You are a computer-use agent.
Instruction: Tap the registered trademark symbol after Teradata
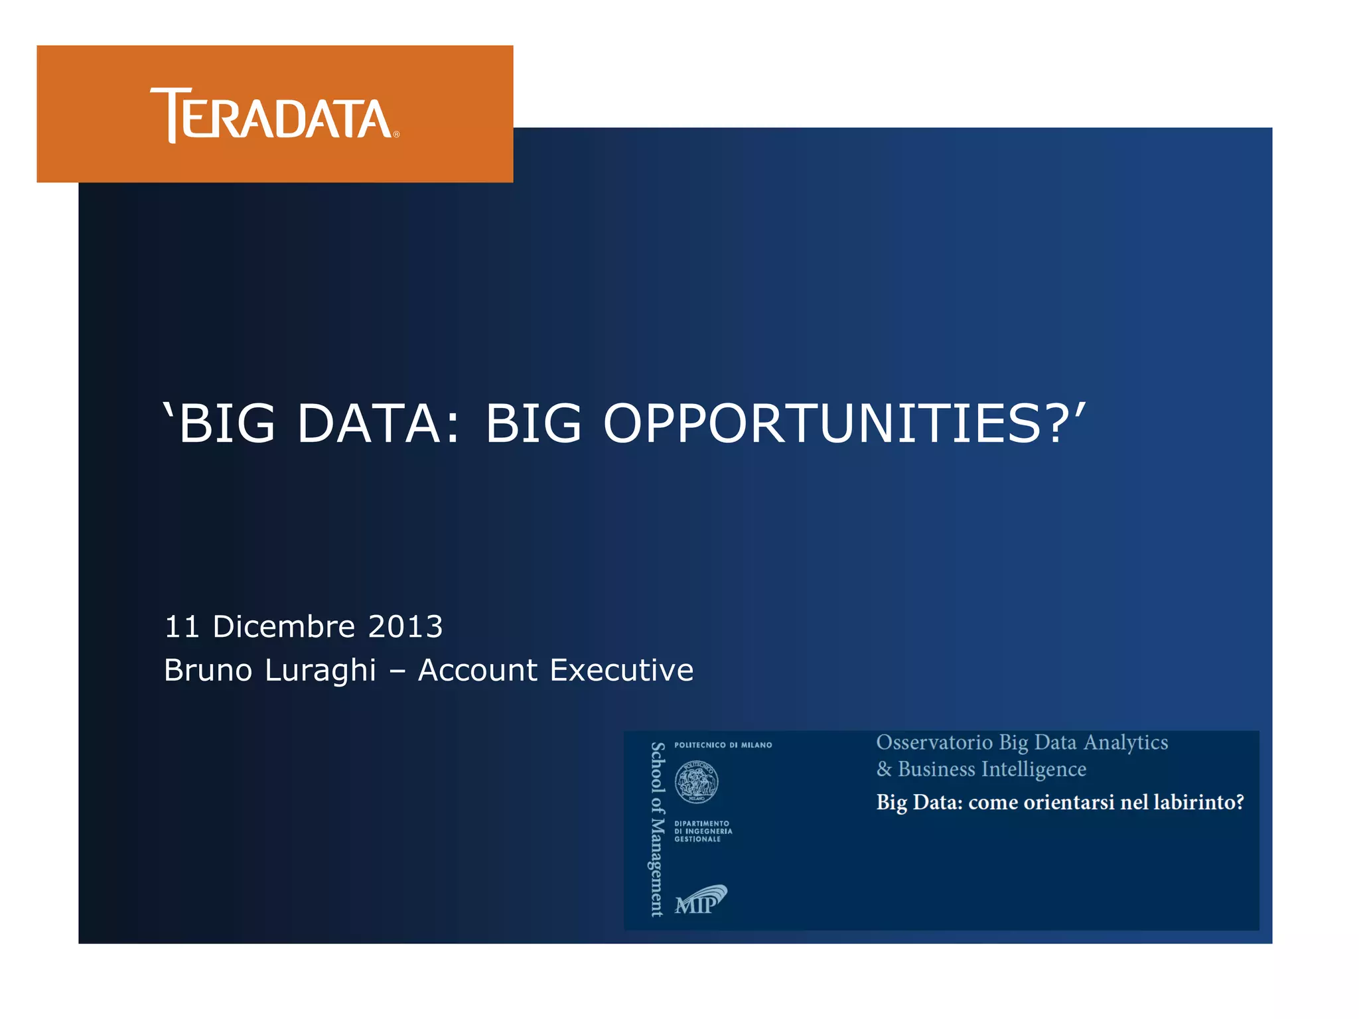396,134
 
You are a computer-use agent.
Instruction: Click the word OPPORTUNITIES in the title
822,424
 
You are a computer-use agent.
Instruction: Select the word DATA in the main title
369,424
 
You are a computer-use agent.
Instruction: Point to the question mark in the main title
1058,424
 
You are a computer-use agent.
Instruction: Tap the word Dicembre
284,627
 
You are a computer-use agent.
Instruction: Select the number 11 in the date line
182,627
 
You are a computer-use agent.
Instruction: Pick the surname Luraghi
320,671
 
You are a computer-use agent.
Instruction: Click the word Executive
621,670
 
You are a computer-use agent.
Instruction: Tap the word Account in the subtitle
477,670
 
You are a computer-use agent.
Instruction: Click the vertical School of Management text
657,829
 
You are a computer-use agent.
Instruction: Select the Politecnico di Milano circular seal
696,782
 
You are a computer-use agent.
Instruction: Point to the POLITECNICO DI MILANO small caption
723,745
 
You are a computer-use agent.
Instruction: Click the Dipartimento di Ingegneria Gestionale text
703,831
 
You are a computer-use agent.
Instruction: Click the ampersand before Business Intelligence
884,770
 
